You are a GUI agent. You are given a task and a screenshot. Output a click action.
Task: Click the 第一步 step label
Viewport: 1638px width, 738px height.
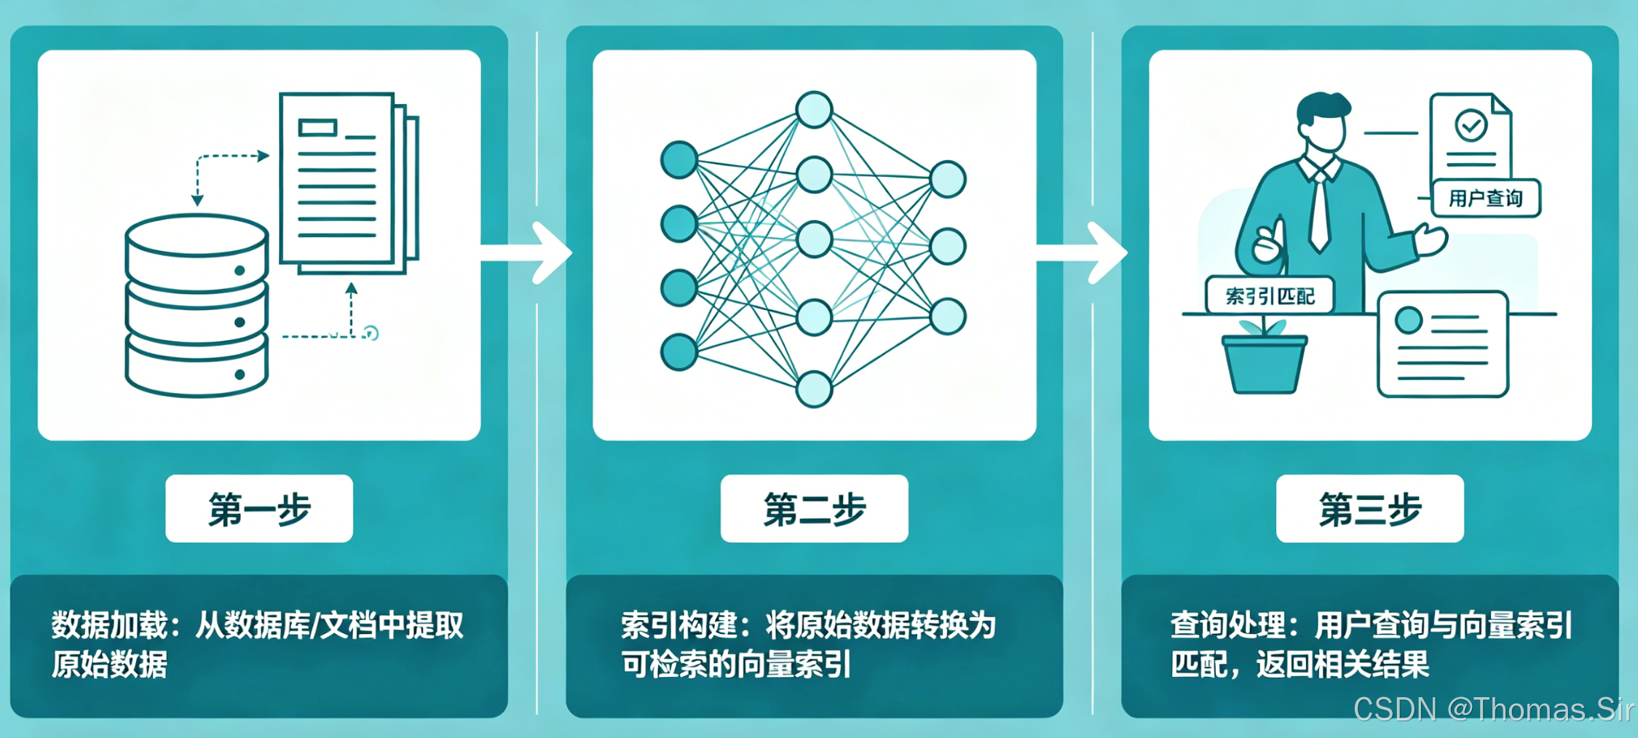coord(259,509)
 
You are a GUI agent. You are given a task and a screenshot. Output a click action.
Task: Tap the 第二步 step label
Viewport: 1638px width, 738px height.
coord(814,509)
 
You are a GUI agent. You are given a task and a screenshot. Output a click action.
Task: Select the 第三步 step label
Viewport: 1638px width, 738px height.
coord(1369,509)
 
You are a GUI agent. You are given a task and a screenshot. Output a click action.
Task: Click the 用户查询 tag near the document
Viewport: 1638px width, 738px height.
coord(1485,199)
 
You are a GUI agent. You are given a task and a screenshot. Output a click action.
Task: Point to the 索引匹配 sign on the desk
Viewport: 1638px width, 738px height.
coord(1270,296)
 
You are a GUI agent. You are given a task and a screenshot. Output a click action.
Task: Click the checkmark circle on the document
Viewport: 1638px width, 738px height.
coord(1471,125)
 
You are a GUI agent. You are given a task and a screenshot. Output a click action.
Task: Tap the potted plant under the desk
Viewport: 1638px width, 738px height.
coord(1265,361)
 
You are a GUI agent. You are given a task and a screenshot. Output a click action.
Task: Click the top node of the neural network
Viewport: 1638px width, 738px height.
coord(814,110)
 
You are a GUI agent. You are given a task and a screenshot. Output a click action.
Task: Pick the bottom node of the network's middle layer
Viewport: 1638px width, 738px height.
coord(814,389)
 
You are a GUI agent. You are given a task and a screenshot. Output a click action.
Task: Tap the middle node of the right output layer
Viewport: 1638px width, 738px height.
coord(948,247)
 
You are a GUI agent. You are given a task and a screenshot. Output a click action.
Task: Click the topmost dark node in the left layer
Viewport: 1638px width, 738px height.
coord(678,159)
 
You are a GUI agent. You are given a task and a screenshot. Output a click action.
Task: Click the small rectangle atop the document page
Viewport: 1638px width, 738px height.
coord(317,128)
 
